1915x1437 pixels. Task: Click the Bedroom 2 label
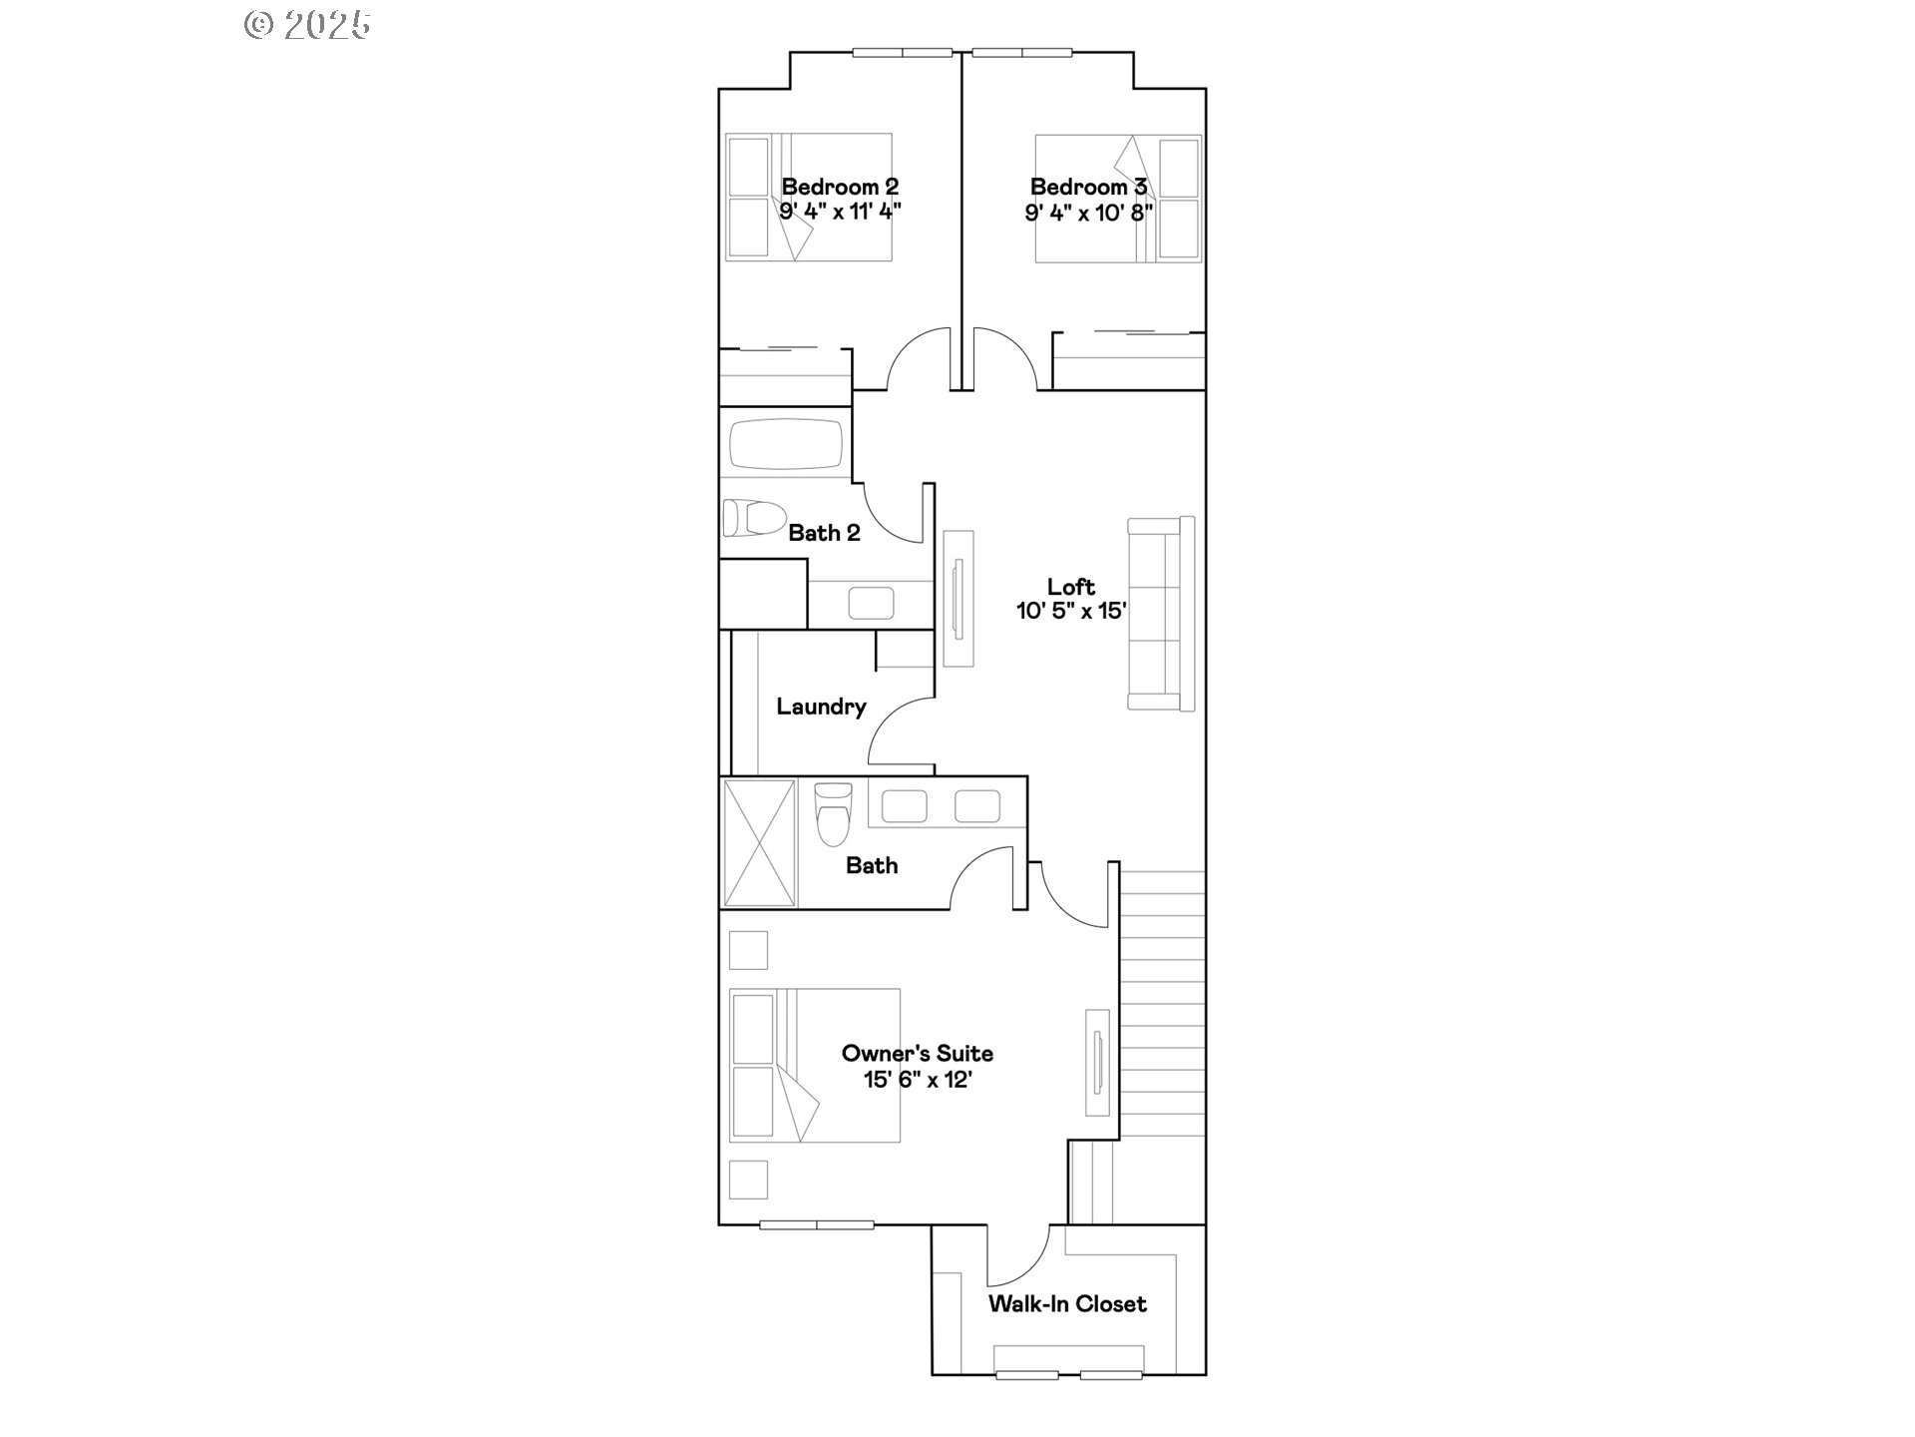coord(840,187)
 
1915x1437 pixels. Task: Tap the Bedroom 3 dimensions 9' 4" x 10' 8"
coord(1088,213)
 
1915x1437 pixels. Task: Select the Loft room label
coord(1070,587)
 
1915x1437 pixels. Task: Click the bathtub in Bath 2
coord(786,445)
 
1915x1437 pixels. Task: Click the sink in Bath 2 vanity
coord(871,603)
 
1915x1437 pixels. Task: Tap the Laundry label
coord(821,707)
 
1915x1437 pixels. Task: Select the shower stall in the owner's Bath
coord(759,843)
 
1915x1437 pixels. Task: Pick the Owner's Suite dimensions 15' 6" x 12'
coord(917,1079)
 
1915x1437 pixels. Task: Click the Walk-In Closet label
coord(1066,1303)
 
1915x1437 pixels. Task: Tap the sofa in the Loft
coord(1162,613)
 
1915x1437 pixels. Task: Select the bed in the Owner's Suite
coord(814,1065)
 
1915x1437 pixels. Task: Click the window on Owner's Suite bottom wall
coord(816,1224)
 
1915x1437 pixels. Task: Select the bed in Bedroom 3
coord(1117,199)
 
